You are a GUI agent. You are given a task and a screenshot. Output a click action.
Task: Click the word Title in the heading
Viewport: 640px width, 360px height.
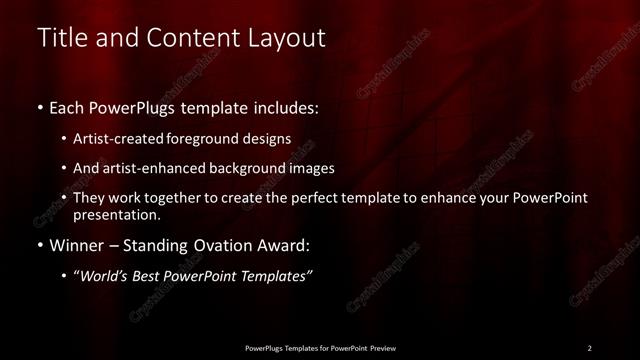tap(59, 39)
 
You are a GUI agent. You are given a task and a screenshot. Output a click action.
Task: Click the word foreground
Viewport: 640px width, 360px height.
tap(209, 139)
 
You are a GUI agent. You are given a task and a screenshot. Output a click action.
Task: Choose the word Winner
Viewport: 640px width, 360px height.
tap(79, 245)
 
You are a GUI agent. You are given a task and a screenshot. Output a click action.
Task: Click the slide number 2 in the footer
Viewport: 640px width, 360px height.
tap(590, 347)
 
